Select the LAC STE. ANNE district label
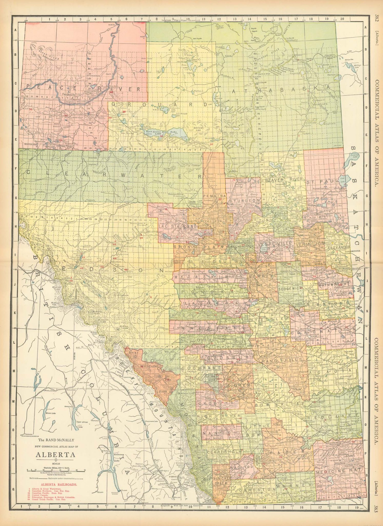pyautogui.click(x=178, y=227)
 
